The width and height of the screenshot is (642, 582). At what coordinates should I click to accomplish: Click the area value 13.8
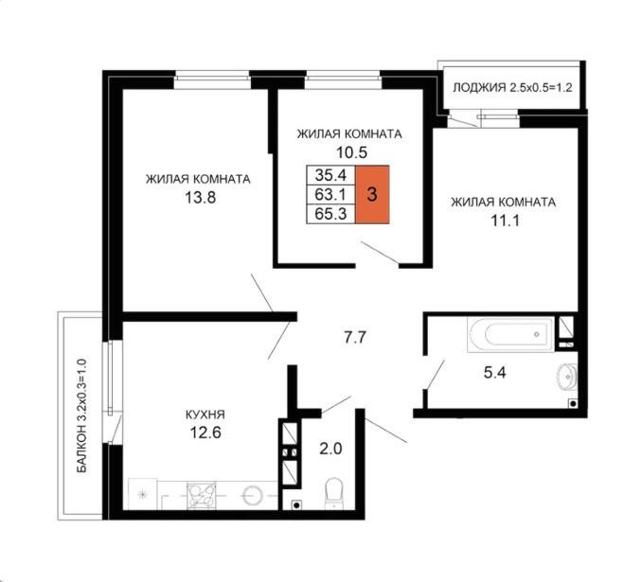coord(200,198)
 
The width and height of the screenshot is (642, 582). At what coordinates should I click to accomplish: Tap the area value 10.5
coord(351,152)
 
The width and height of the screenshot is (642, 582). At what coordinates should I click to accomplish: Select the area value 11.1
coord(505,221)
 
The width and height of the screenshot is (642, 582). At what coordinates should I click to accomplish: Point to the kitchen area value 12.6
coord(205,432)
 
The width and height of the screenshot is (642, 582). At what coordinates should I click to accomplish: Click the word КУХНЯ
coord(205,414)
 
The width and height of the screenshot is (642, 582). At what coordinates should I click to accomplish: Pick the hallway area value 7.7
coord(354,338)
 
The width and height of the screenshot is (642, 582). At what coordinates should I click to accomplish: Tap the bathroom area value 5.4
coord(495,373)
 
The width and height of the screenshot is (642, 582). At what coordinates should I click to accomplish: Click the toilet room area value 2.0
coord(330,449)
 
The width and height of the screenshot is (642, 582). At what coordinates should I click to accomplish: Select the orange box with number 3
coord(372,194)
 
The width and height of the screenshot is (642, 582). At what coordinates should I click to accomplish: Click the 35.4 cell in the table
coord(330,175)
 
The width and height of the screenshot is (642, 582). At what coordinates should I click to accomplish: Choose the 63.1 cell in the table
coord(330,194)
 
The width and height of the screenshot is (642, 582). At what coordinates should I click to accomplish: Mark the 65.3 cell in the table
coord(330,214)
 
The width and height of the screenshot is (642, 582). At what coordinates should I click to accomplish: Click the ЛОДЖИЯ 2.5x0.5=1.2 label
coord(512,88)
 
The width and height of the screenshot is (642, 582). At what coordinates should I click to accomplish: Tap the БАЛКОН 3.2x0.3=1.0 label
coord(82,415)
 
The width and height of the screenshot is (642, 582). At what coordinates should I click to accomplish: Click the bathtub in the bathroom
coord(511,334)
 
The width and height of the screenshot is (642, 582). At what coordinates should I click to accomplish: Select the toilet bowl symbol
coord(334,493)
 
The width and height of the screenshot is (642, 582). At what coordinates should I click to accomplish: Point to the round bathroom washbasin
coord(568,376)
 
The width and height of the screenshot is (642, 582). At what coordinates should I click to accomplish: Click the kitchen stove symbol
coord(202,495)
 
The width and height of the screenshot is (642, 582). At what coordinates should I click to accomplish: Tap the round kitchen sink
coord(251,495)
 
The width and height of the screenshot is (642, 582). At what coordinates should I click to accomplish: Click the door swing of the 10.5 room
coord(380,253)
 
